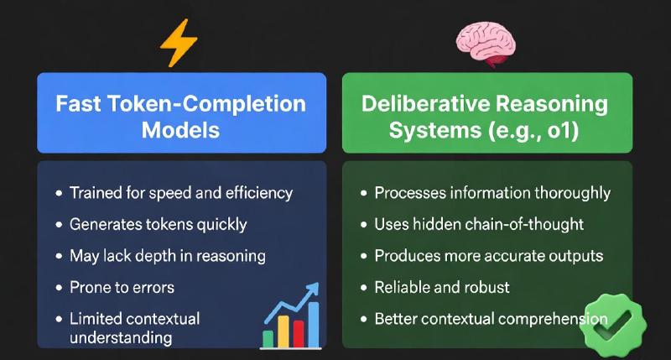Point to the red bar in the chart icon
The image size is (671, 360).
coord(283,330)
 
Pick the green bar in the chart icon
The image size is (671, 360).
coord(268,337)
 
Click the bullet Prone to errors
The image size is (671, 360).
coord(122,287)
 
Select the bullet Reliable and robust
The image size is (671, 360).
coord(442,287)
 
